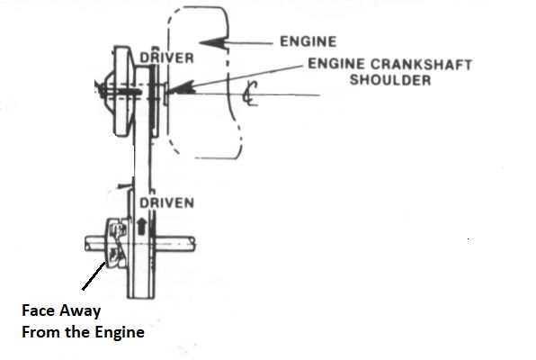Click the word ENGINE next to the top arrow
point(308,41)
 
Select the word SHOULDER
point(390,80)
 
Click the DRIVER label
point(166,58)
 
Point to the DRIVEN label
point(166,203)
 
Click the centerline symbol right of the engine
point(250,93)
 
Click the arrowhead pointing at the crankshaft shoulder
point(181,88)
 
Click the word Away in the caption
point(80,311)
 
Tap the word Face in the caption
point(38,310)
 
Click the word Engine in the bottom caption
point(120,332)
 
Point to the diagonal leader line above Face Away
point(94,275)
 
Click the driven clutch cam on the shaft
point(117,243)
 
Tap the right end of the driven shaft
point(194,244)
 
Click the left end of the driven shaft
point(87,244)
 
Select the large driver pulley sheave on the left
point(123,90)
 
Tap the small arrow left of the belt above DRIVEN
point(124,186)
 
